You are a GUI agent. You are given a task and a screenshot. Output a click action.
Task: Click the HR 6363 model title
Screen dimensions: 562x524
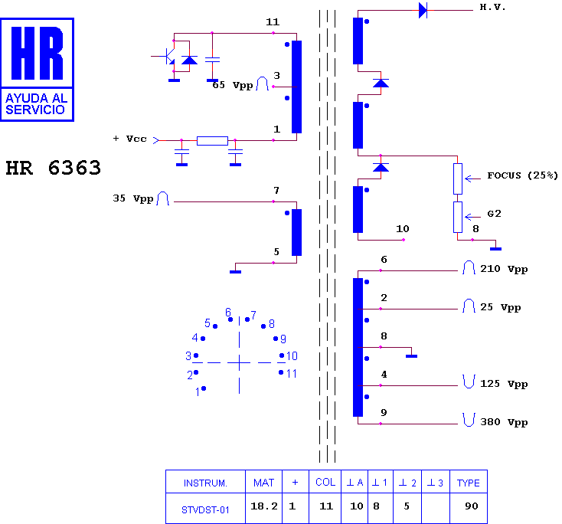point(54,168)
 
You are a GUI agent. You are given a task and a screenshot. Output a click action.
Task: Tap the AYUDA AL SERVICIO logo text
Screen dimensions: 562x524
point(37,103)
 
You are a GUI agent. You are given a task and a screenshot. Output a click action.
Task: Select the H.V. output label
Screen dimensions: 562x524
point(492,7)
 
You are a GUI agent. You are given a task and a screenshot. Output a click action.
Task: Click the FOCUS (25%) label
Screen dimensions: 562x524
point(522,175)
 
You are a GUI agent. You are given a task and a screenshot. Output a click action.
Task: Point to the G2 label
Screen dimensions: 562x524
point(494,214)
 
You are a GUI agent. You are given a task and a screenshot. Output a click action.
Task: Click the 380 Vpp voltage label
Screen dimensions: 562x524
point(504,422)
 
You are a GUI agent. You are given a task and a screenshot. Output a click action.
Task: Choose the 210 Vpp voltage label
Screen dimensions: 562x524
point(504,269)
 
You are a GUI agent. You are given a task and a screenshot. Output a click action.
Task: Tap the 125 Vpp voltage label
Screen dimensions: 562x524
point(504,384)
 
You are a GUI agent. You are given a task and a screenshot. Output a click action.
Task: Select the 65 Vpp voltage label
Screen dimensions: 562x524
point(233,85)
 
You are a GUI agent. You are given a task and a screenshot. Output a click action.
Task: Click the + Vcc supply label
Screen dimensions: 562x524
point(129,139)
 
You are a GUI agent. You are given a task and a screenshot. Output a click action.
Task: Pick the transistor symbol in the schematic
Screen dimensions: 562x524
point(167,57)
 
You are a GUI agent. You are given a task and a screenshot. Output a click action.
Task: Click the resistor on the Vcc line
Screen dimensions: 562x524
point(212,141)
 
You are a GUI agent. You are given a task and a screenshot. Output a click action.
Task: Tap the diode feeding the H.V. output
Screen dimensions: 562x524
point(423,10)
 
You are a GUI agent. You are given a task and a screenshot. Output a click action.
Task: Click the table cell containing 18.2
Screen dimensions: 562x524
point(264,507)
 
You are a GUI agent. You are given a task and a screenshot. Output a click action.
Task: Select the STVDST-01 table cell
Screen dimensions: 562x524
point(205,509)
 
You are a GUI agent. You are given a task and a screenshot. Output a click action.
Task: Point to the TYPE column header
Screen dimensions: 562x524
point(468,483)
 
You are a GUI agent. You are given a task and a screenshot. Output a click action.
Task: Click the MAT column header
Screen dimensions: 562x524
point(263,483)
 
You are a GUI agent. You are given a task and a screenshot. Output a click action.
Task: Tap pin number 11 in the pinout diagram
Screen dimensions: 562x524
point(292,374)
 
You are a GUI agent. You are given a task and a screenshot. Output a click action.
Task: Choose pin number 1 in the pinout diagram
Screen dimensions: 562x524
point(197,392)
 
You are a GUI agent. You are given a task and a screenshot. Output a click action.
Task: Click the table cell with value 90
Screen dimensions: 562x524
point(472,506)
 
